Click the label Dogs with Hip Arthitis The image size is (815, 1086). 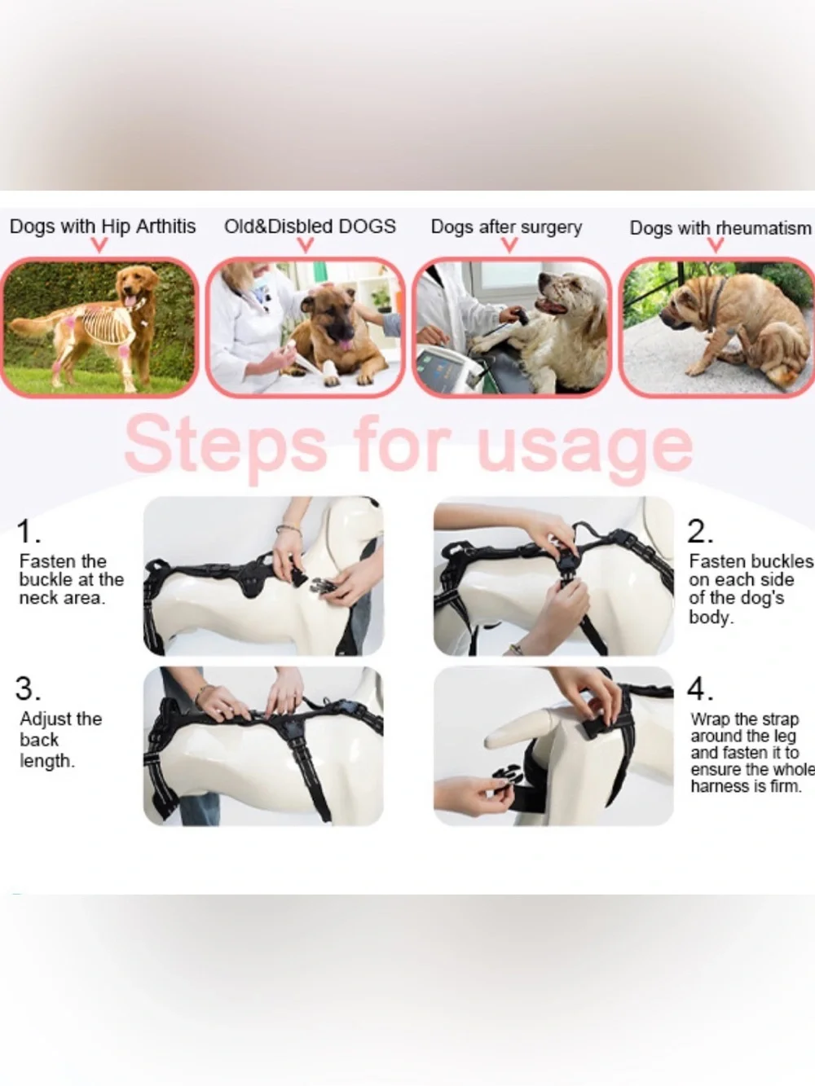tap(103, 226)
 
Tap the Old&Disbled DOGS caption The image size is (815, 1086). tap(311, 226)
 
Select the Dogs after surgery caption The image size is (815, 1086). tap(506, 227)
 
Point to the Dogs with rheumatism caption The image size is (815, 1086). tap(720, 228)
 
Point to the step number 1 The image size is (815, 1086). tap(28, 531)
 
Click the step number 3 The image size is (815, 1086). tap(28, 688)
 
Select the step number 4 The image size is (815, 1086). tap(700, 689)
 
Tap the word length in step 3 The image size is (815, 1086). tap(47, 761)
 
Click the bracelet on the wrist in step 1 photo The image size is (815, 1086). tap(289, 530)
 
